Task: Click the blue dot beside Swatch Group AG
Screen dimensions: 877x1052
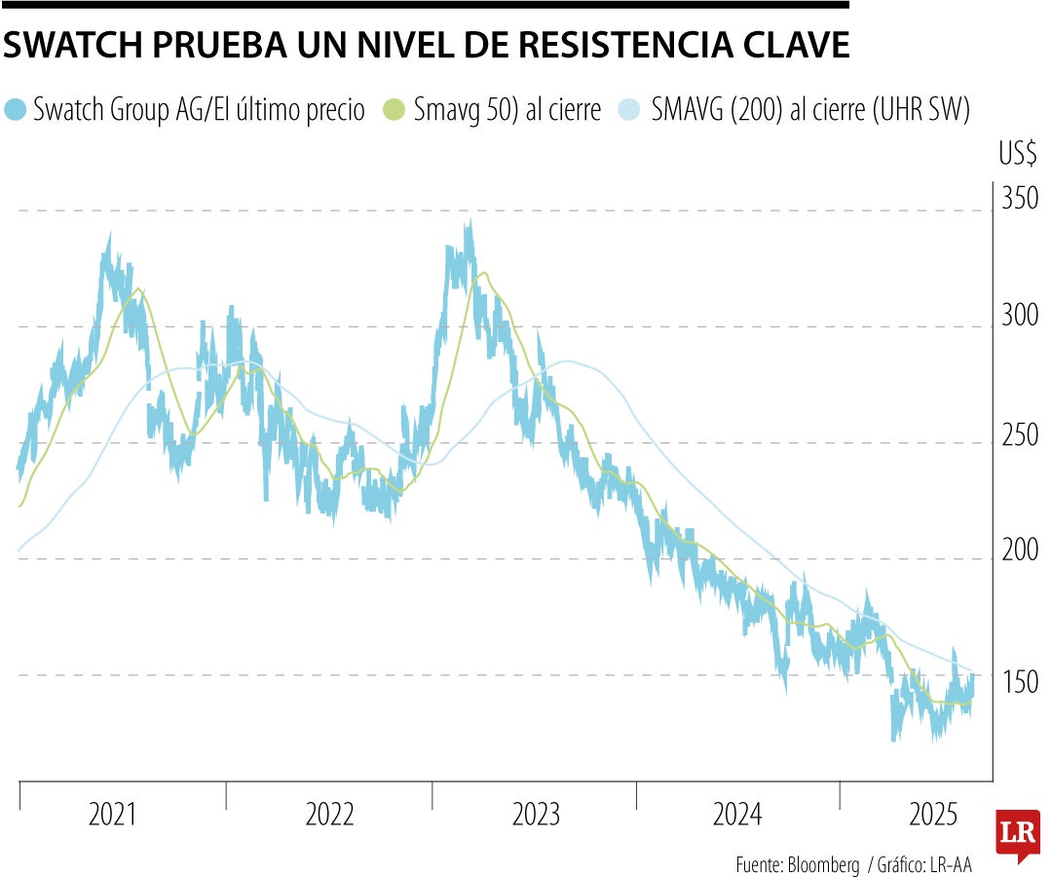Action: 16,109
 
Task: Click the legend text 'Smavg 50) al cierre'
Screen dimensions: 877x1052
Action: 507,109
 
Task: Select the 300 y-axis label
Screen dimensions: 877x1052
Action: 1020,315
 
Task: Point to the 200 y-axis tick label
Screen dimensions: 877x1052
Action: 1020,551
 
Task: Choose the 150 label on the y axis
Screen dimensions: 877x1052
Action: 1020,681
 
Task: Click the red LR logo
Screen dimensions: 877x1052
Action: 1017,834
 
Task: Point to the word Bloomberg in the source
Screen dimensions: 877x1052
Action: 823,864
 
